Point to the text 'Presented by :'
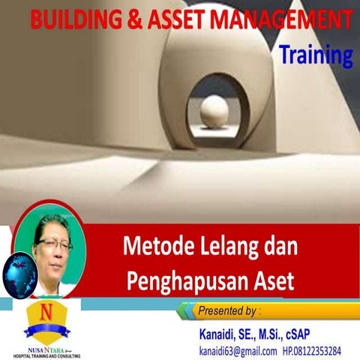pos(229,310)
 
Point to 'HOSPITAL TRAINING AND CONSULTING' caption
pos(43,354)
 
